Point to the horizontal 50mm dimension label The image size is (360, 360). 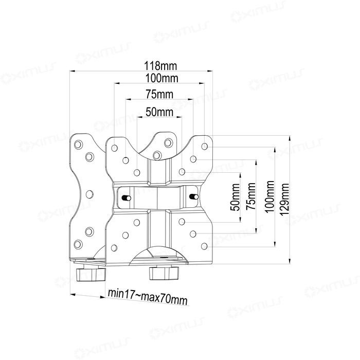click(x=159, y=111)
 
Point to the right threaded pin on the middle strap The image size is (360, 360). click(x=194, y=196)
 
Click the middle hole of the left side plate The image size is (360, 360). click(x=89, y=194)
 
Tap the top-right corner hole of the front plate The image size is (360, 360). click(x=205, y=147)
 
